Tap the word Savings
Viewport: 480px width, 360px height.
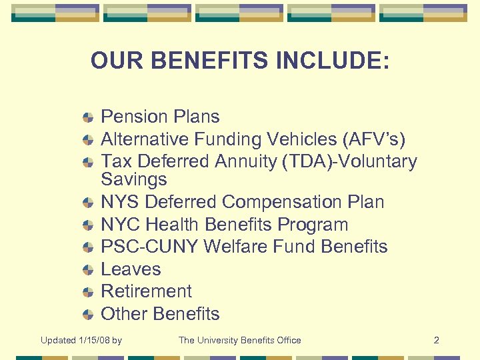coord(133,179)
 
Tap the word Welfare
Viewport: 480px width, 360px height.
coord(235,247)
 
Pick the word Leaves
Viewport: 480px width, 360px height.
coord(131,269)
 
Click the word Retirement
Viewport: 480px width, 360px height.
coord(146,291)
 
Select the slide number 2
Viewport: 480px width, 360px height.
coord(436,341)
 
